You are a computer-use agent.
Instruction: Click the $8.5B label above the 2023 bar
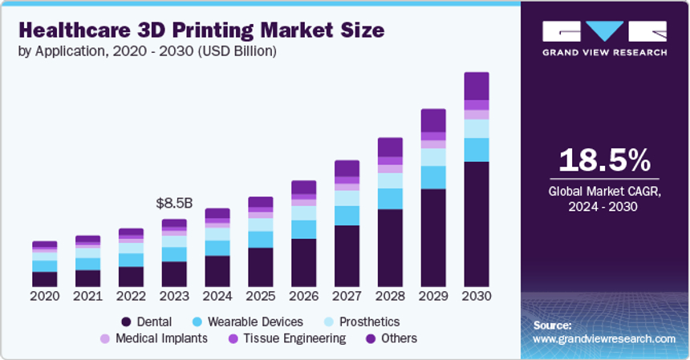point(173,204)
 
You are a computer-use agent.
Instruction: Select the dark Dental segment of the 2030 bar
point(477,224)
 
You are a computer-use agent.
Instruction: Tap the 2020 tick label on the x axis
point(45,295)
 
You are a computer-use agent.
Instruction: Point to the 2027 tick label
point(347,295)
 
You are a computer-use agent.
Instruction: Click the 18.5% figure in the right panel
point(604,161)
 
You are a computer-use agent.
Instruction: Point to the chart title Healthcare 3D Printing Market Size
point(201,30)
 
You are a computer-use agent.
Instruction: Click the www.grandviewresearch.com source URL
point(603,339)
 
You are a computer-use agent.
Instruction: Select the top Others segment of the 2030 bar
point(477,86)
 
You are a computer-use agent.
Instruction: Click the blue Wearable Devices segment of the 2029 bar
point(433,177)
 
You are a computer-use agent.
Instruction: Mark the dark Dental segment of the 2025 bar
point(261,267)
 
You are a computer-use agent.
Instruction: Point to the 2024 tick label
point(217,295)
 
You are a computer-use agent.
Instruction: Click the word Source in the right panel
point(552,326)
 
